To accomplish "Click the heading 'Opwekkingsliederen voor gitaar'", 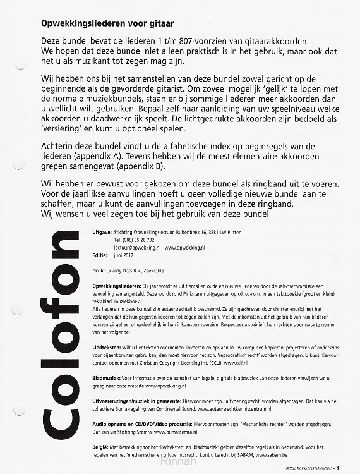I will [x=108, y=23].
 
